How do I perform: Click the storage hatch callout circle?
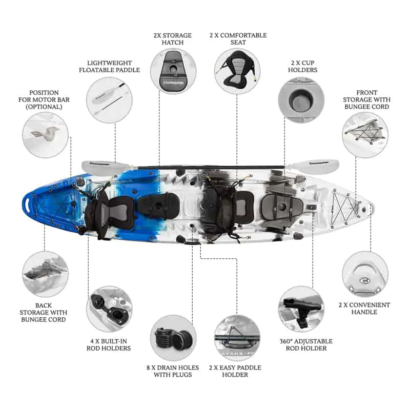(x=173, y=72)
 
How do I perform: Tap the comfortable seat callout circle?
(x=237, y=72)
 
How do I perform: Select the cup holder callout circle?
(x=300, y=98)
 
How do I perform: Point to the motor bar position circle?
(x=45, y=135)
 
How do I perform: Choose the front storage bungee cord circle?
(x=365, y=135)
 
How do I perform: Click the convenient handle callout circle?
(x=365, y=274)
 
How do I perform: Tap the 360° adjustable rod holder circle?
(x=301, y=309)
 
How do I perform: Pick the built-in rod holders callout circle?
(x=109, y=309)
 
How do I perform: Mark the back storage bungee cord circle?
(x=45, y=274)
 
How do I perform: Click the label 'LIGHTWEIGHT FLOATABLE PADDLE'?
(x=109, y=66)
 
